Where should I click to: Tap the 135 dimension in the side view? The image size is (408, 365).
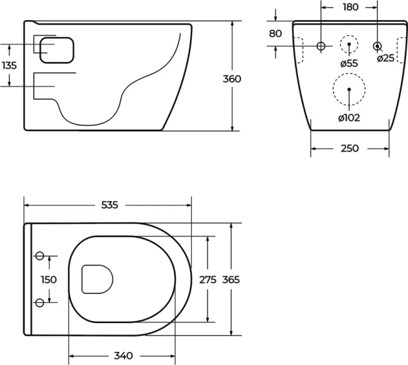(10, 65)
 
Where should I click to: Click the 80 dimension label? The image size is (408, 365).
(275, 33)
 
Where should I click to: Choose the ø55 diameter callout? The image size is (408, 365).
(349, 63)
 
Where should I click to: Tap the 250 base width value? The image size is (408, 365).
(350, 148)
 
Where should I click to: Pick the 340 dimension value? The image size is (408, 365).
(123, 355)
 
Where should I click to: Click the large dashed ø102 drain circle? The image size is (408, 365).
(349, 89)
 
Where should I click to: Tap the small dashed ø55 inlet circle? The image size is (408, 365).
(349, 44)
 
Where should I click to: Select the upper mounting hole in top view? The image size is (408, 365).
(41, 256)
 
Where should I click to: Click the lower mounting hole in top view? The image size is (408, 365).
(41, 302)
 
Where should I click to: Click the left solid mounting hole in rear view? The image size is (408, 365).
(322, 45)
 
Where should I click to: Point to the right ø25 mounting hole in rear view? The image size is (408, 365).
(377, 45)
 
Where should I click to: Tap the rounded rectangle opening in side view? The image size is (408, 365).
(57, 50)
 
